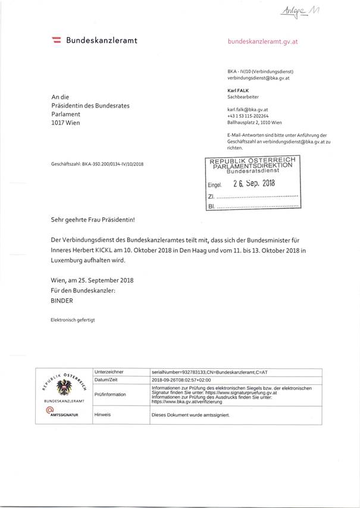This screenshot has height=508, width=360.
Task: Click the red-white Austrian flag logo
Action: [58, 40]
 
